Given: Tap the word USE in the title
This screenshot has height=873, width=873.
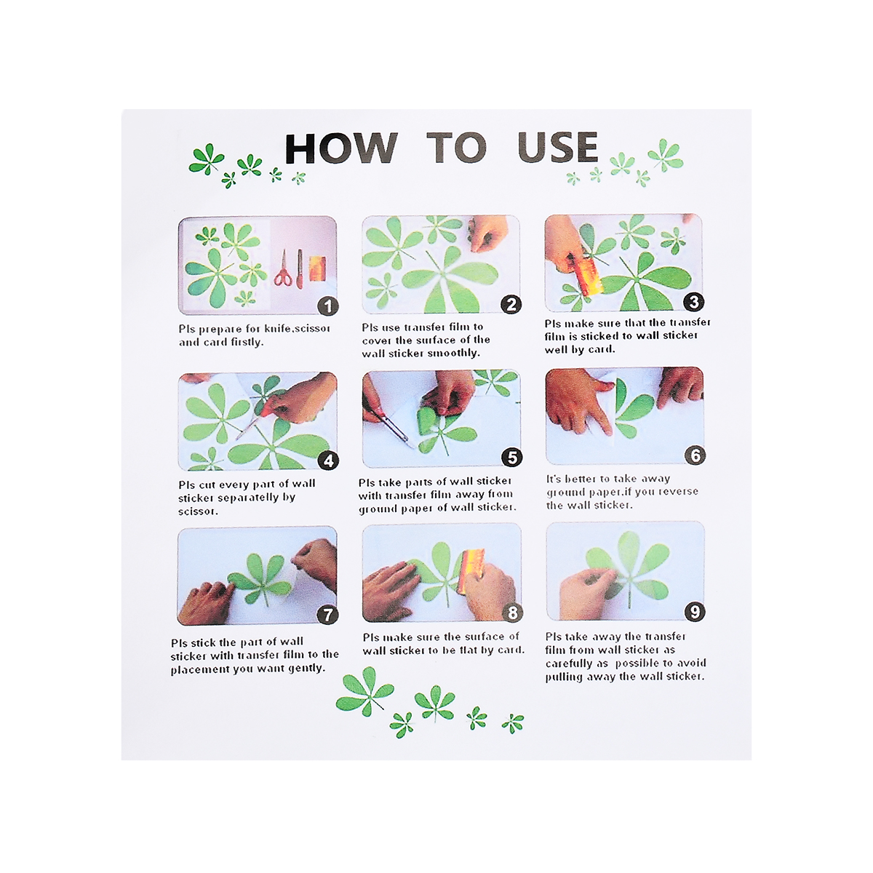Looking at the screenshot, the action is click(x=557, y=147).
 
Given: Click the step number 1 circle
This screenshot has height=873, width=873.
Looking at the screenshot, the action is click(x=327, y=306).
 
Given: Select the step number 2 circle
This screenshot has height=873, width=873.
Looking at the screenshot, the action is click(x=511, y=304).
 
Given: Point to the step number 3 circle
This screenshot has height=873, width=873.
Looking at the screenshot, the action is click(x=693, y=302).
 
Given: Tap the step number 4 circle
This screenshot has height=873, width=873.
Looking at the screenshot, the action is click(x=328, y=461).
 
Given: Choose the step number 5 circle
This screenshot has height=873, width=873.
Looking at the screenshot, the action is click(x=512, y=458).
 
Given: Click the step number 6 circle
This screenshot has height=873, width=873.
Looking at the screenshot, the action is click(x=695, y=455).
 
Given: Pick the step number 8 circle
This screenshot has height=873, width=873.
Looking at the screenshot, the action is click(x=512, y=613).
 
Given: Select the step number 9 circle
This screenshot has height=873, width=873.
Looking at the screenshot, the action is click(x=695, y=612).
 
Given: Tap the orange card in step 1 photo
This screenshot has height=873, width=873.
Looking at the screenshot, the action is click(x=317, y=268).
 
